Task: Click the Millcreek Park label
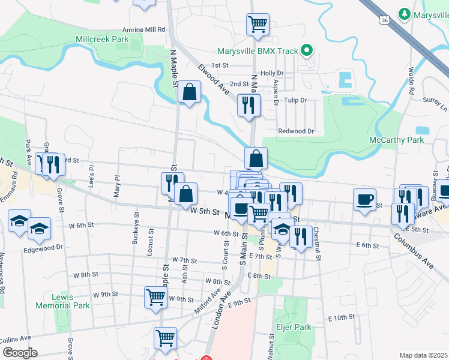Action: click(102, 39)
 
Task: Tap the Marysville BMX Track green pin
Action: click(307, 51)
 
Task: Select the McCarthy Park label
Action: click(396, 140)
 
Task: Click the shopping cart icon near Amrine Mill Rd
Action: click(257, 25)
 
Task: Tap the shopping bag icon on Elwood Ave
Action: click(189, 92)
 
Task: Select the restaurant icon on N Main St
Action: click(248, 106)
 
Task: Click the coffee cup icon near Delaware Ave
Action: click(364, 199)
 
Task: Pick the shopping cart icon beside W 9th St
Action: click(155, 297)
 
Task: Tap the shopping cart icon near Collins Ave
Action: click(165, 337)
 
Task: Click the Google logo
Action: click(20, 352)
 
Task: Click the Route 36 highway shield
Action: click(384, 20)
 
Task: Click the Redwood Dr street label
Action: click(296, 131)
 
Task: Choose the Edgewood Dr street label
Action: click(43, 247)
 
